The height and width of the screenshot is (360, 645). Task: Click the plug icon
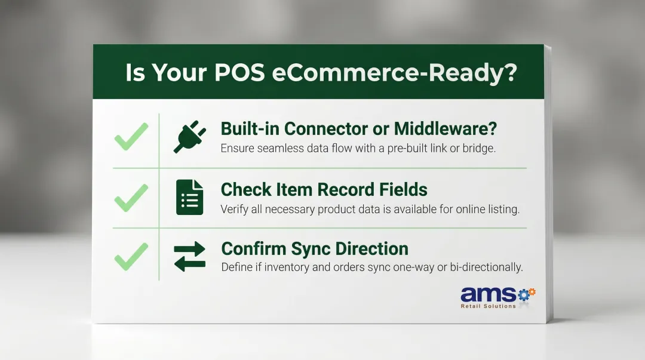189,137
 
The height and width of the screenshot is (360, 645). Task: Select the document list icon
189,197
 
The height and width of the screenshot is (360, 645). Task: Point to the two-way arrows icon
189,256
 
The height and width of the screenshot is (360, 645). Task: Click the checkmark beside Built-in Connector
131,137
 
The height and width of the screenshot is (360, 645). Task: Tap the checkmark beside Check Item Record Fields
131,198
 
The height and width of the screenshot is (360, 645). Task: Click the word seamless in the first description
278,149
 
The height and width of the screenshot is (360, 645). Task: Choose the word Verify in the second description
234,209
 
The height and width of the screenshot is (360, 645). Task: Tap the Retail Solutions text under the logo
488,306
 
